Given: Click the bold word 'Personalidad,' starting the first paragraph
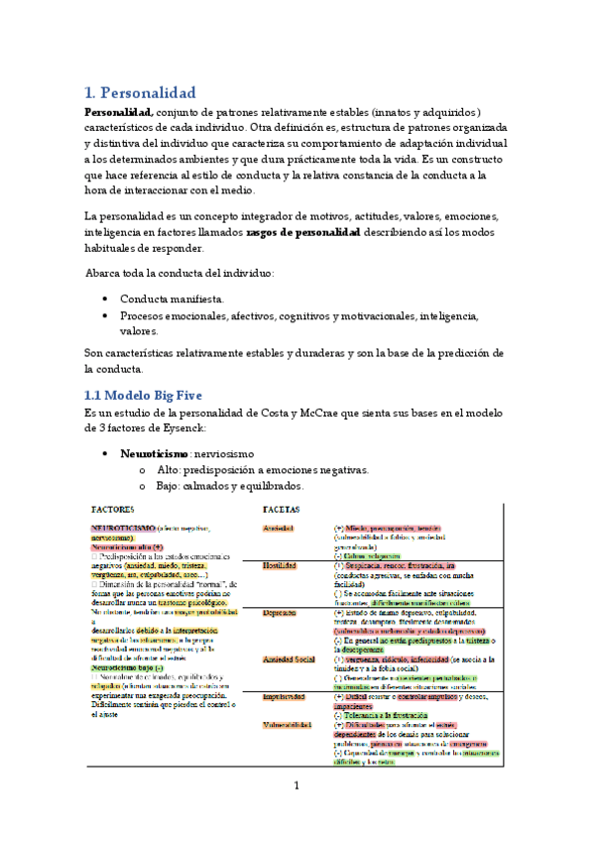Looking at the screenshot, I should pos(118,112).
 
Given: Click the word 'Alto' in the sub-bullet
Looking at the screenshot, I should pos(173,469).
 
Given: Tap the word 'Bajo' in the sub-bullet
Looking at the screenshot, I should pos(173,486).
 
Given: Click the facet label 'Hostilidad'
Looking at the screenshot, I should pos(280,566).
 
